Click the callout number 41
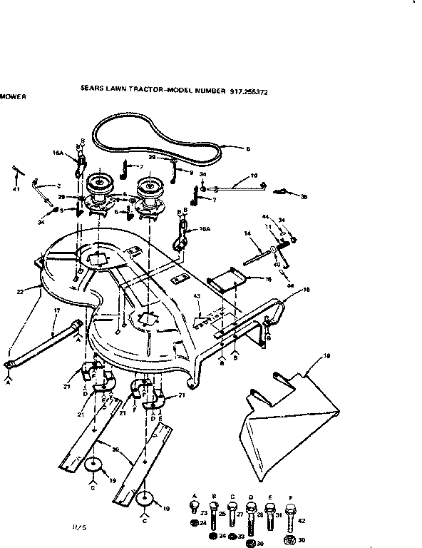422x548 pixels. (x=16, y=188)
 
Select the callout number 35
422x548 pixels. (x=304, y=196)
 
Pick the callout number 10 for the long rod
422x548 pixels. (x=254, y=176)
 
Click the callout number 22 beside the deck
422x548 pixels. (x=20, y=291)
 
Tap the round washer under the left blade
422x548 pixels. (x=93, y=465)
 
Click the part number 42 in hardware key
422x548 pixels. (x=302, y=521)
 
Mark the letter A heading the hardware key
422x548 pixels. (x=195, y=495)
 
